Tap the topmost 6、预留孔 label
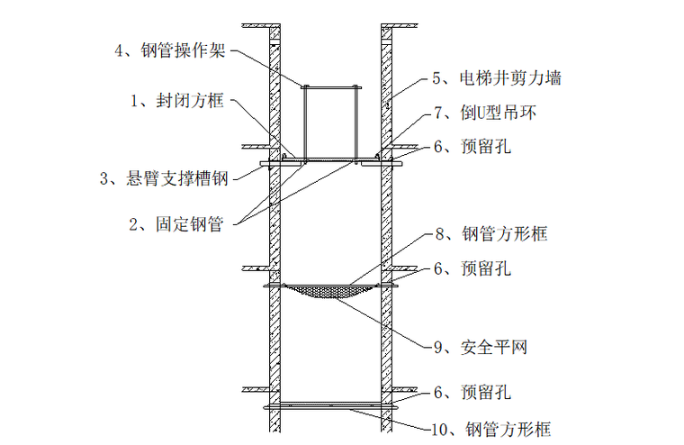pos(472,146)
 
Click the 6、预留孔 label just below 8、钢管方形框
pos(472,268)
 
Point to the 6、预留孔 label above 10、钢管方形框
pos(472,393)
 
